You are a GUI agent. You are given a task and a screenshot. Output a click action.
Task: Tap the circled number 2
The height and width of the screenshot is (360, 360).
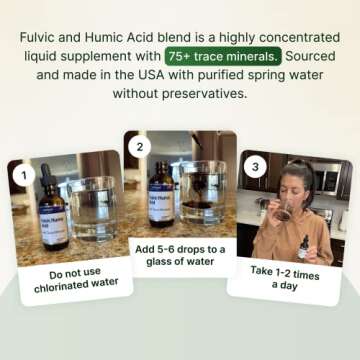pyautogui.click(x=140, y=147)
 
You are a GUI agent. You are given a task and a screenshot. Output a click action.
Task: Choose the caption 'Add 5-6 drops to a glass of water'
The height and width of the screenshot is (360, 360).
pyautogui.click(x=180, y=254)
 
